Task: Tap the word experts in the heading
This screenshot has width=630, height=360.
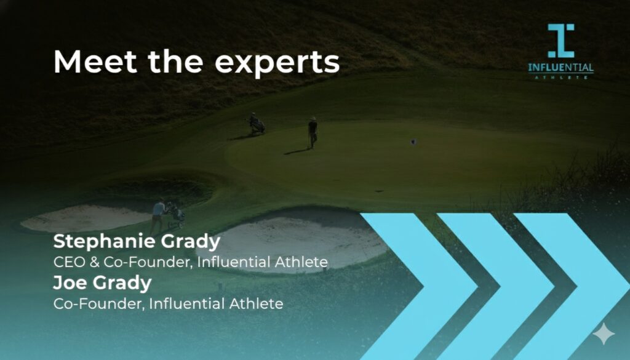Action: click(x=277, y=64)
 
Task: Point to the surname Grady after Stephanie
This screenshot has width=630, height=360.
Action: click(x=191, y=242)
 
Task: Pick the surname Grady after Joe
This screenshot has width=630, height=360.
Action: click(x=122, y=284)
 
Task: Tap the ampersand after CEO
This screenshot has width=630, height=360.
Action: click(x=94, y=262)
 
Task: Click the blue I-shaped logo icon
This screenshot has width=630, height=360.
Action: click(x=561, y=41)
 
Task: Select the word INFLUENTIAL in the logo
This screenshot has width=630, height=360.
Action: click(x=560, y=67)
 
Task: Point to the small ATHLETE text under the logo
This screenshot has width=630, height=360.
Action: click(x=560, y=77)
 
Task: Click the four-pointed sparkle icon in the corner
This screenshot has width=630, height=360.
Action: click(x=604, y=334)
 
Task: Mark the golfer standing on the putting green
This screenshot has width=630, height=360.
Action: click(x=313, y=133)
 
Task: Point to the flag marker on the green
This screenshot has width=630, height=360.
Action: click(x=413, y=142)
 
